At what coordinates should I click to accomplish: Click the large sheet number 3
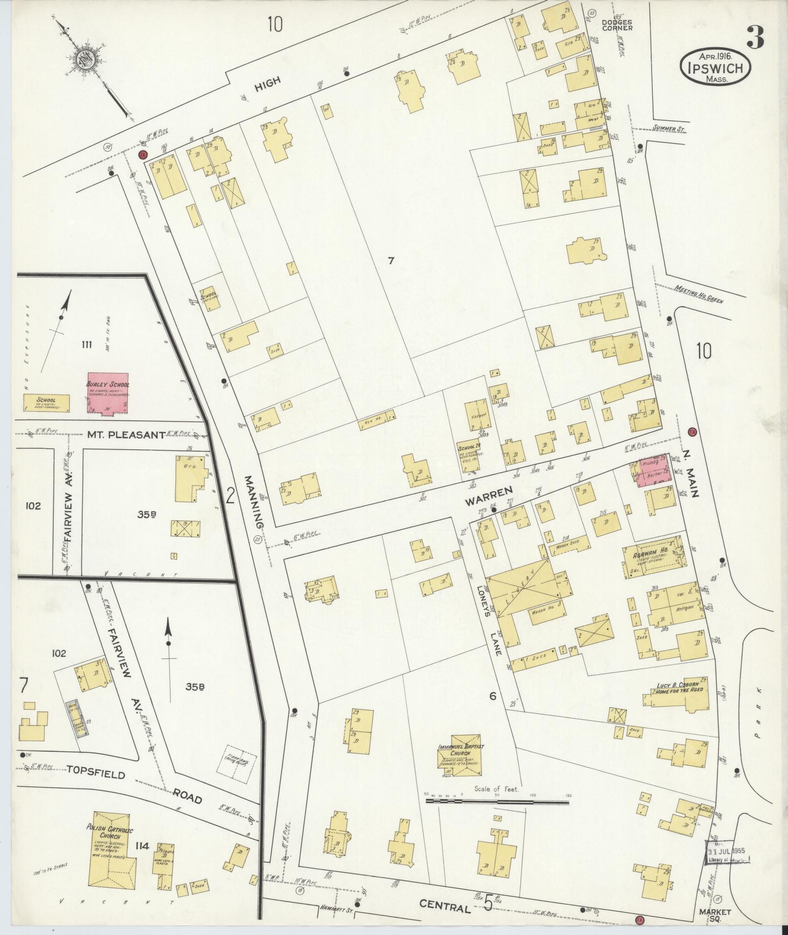(x=755, y=37)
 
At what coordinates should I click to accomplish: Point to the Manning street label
(x=255, y=501)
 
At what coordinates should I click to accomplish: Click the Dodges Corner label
(x=617, y=24)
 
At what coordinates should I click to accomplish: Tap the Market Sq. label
(x=714, y=915)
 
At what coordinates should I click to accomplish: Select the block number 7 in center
(x=391, y=261)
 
